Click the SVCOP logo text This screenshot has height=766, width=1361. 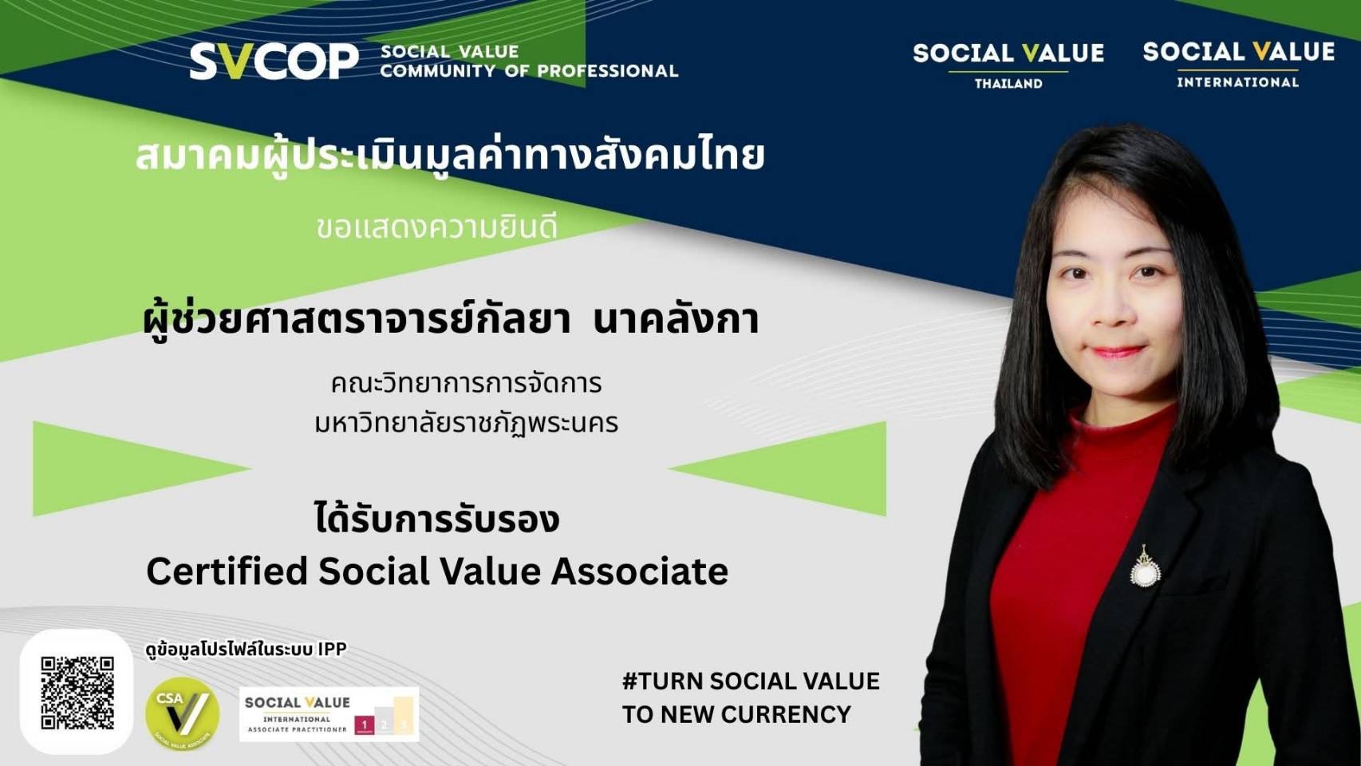pyautogui.click(x=274, y=61)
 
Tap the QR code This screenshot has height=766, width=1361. pyautogui.click(x=77, y=693)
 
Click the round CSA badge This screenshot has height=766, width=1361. pyautogui.click(x=182, y=713)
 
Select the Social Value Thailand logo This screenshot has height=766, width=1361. pyautogui.click(x=1008, y=64)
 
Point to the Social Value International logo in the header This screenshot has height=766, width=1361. pyautogui.click(x=1238, y=63)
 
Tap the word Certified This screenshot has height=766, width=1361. pyautogui.click(x=227, y=571)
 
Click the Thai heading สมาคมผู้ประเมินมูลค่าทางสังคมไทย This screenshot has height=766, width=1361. pyautogui.click(x=450, y=156)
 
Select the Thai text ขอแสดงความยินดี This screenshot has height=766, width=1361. pyautogui.click(x=436, y=228)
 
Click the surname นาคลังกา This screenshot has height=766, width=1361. pyautogui.click(x=676, y=319)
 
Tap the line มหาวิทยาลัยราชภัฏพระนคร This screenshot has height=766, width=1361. pyautogui.click(x=467, y=423)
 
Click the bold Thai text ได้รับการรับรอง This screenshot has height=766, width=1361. pyautogui.click(x=437, y=519)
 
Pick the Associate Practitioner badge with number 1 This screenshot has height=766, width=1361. pyautogui.click(x=329, y=714)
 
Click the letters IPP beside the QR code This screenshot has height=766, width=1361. pyautogui.click(x=332, y=650)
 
